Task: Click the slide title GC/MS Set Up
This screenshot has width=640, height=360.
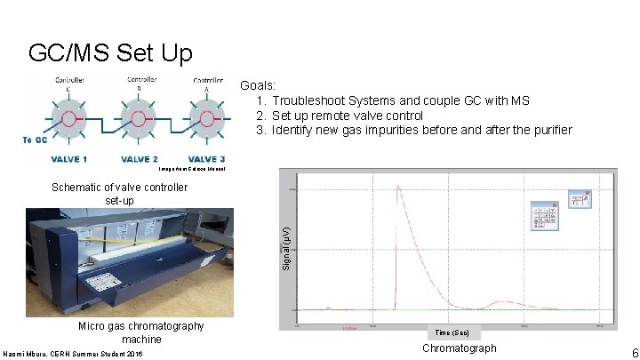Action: coord(110,54)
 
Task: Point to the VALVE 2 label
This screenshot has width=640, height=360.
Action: coord(139,159)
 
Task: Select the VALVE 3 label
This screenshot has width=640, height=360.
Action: coord(205,159)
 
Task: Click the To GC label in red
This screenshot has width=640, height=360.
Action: coord(36,140)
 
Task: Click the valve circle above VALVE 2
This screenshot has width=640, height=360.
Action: coord(138,117)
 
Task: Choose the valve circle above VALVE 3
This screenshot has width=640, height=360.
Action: coord(205,117)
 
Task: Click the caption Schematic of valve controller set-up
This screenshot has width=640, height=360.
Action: coord(119,194)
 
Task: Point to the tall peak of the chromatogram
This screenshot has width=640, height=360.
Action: coord(398,188)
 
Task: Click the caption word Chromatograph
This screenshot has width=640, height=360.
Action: coord(460,348)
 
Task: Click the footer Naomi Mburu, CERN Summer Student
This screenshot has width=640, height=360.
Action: coord(84,354)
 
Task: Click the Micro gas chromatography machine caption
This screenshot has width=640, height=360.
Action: coord(141,332)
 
